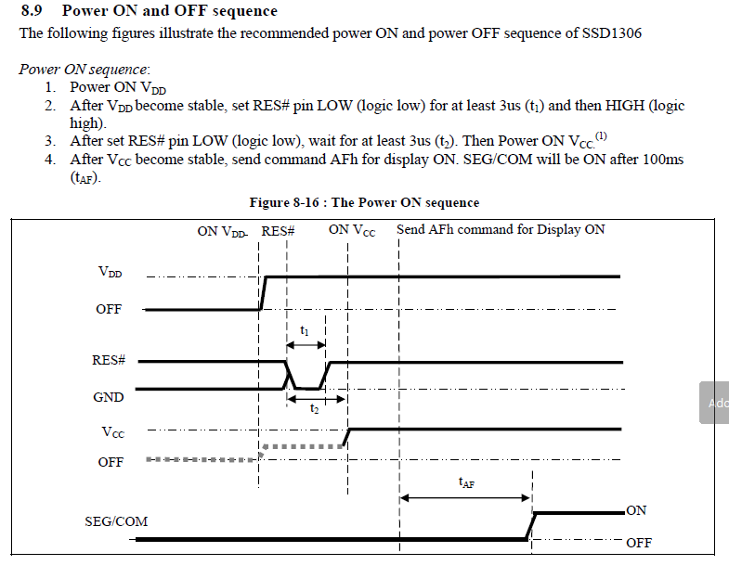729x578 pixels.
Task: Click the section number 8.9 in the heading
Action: coord(33,11)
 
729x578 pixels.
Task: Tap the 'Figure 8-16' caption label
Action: coord(282,202)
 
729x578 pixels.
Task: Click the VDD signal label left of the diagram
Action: coord(110,273)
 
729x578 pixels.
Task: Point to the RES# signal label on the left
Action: coord(109,360)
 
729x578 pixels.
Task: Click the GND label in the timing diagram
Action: coord(109,396)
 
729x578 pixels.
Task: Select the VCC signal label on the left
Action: coord(112,431)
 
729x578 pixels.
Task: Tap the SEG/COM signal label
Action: coord(116,521)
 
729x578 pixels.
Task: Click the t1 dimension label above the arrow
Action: coord(305,330)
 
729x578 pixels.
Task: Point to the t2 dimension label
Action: coord(316,409)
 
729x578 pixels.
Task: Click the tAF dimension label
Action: coord(466,482)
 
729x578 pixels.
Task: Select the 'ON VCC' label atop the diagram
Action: coord(352,230)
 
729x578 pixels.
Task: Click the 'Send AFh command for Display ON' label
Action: coord(501,229)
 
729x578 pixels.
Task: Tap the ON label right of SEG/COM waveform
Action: coord(636,510)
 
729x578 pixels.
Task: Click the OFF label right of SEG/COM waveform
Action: coord(639,543)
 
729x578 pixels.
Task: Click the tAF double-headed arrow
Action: coord(465,498)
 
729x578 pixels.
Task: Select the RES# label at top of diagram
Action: coord(278,230)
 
